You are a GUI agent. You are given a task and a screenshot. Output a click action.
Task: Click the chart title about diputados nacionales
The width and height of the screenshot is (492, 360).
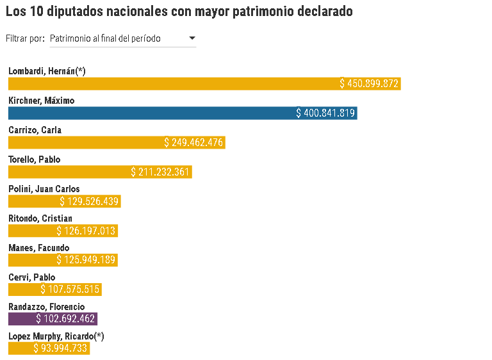(x=179, y=12)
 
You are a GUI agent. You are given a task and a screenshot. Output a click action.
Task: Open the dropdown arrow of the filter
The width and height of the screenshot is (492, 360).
(x=192, y=38)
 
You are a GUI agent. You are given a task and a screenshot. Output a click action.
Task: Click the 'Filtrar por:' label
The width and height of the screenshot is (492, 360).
(x=25, y=39)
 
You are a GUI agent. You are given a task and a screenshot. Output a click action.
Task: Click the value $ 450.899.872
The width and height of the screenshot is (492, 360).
(x=370, y=84)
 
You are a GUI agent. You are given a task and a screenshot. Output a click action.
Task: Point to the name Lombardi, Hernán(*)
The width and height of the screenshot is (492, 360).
(x=47, y=71)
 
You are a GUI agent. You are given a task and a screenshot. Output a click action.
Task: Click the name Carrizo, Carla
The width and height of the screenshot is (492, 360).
(x=35, y=130)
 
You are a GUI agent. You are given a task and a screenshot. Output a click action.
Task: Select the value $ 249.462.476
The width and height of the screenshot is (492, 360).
(x=194, y=143)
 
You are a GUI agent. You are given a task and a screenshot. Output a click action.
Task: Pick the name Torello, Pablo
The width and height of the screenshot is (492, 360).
(x=33, y=160)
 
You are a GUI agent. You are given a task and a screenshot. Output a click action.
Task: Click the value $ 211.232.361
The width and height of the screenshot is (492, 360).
(x=161, y=172)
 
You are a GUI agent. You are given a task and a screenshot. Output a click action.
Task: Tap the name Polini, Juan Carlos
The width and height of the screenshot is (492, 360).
(x=44, y=189)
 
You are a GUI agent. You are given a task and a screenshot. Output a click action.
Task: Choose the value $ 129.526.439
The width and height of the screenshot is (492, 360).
(x=90, y=202)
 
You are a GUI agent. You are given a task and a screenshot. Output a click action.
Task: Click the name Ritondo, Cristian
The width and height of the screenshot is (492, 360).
(x=40, y=218)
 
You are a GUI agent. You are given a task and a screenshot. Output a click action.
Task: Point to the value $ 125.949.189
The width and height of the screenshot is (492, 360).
(x=86, y=260)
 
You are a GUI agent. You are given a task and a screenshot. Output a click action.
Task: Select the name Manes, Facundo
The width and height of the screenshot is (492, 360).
(x=38, y=248)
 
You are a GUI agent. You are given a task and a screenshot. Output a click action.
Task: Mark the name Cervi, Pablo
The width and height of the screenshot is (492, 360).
(x=31, y=277)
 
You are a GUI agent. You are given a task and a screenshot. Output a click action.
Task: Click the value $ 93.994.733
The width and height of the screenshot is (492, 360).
(x=61, y=348)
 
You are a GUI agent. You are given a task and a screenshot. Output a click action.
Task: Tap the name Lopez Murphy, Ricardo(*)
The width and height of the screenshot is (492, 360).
(x=56, y=336)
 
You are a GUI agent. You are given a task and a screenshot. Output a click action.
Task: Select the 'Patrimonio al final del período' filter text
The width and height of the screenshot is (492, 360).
(x=105, y=39)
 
